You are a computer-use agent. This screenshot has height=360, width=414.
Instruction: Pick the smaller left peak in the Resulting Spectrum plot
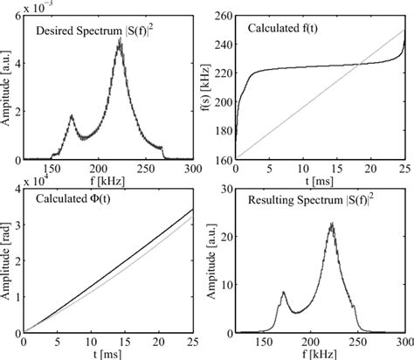pos(283,293)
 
